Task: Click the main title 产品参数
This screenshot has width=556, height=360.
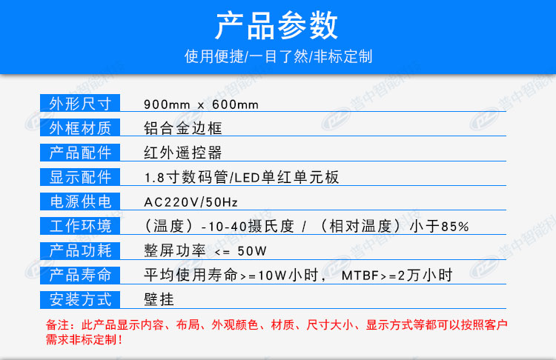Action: coord(277,25)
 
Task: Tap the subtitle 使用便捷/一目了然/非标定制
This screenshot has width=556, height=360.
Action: coord(278,56)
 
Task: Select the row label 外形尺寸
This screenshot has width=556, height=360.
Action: coord(80,104)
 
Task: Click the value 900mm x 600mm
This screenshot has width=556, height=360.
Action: coord(201,104)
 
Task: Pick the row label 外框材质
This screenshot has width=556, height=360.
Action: coord(80,128)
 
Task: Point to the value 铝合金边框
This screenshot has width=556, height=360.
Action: coord(183,128)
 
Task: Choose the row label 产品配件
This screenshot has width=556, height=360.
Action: coord(80,153)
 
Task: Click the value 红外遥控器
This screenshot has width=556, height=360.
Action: coord(183,153)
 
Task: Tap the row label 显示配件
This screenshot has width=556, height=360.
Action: coord(80,177)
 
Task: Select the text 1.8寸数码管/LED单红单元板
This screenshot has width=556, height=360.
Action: coord(242,177)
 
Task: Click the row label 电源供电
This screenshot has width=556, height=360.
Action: coord(80,201)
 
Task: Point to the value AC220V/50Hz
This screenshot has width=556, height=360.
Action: coord(191,202)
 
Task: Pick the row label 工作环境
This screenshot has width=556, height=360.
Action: coord(80,226)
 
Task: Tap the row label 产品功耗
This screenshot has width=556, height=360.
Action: coord(80,250)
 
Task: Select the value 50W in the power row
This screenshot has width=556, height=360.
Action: coord(252,251)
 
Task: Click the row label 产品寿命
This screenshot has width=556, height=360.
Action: coord(80,275)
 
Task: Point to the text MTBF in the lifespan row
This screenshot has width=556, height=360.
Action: coord(360,276)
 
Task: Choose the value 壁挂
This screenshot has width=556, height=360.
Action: coord(159,299)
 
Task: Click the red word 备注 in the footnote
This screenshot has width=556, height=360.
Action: coord(57,324)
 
